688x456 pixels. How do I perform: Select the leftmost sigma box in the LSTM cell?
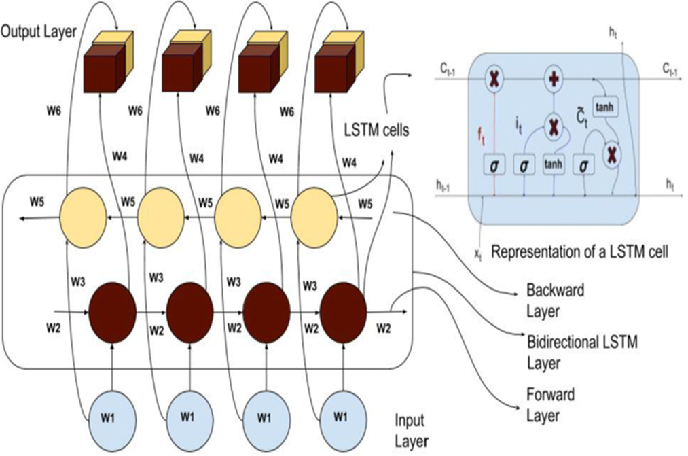494,165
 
